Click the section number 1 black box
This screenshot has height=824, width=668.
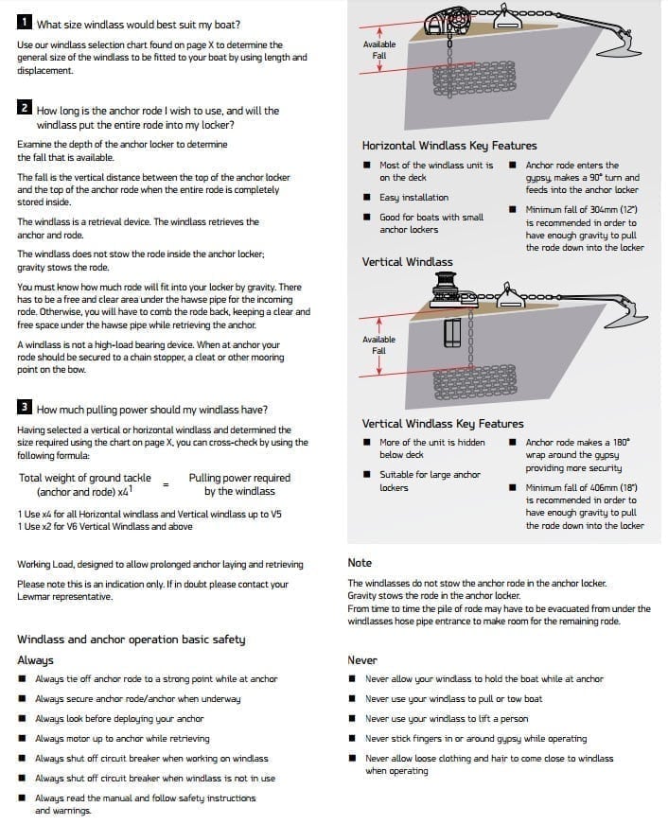25,23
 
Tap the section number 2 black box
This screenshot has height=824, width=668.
25,109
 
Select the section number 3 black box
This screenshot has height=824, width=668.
25,408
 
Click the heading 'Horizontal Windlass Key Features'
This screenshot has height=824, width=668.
449,146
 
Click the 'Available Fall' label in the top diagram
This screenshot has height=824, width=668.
379,49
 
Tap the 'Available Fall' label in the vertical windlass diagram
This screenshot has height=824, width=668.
379,344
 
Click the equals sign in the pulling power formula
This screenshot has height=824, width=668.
166,484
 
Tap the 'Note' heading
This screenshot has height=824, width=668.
360,563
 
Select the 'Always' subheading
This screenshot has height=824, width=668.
35,660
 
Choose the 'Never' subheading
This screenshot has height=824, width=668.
362,660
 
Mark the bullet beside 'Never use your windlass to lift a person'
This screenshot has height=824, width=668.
352,719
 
